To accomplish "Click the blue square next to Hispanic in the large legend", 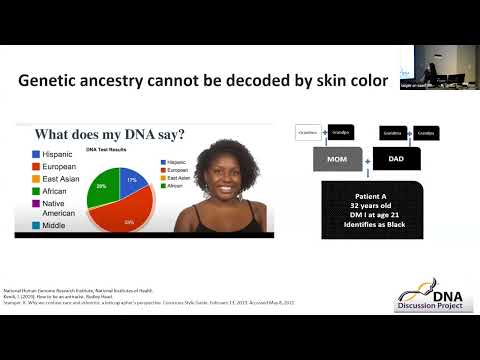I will [36, 155].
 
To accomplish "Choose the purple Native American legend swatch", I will [36, 209].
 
